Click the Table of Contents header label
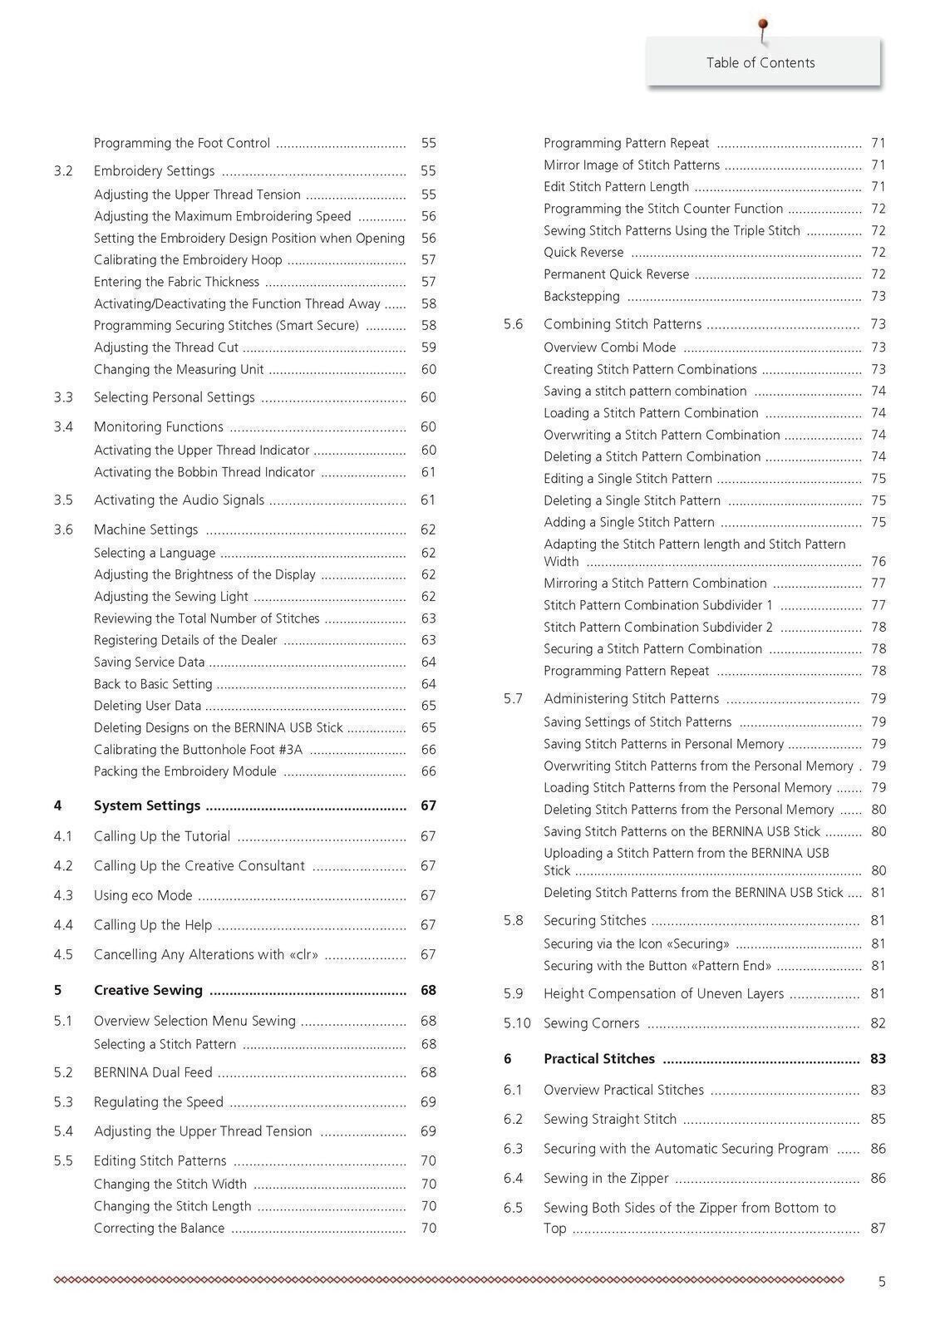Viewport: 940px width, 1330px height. pyautogui.click(x=760, y=63)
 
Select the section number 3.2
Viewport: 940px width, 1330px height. pyautogui.click(x=63, y=171)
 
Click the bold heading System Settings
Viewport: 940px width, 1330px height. pyautogui.click(x=147, y=805)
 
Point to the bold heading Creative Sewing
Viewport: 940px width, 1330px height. pyautogui.click(x=148, y=990)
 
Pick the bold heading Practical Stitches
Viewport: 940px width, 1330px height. pyautogui.click(x=599, y=1059)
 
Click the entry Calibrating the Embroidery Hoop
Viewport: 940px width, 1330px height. pyautogui.click(x=188, y=260)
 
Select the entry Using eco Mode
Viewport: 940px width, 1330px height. pyautogui.click(x=143, y=895)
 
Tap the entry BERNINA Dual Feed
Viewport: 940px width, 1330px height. pyautogui.click(x=153, y=1072)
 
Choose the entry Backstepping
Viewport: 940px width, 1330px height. pyautogui.click(x=582, y=296)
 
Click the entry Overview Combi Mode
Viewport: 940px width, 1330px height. pyautogui.click(x=610, y=347)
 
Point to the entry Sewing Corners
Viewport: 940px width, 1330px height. pyautogui.click(x=592, y=1023)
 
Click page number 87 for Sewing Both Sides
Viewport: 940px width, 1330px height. pyautogui.click(x=878, y=1229)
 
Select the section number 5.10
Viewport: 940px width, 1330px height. pyautogui.click(x=517, y=1023)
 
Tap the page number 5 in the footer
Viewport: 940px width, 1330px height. pyautogui.click(x=882, y=1282)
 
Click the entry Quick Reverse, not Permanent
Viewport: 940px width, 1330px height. pyautogui.click(x=583, y=253)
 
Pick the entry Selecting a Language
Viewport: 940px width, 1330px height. pyautogui.click(x=155, y=553)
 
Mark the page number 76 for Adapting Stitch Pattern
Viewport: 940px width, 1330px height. pyautogui.click(x=878, y=562)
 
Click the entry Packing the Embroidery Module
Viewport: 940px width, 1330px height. pyautogui.click(x=185, y=771)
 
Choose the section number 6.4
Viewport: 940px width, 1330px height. pyautogui.click(x=513, y=1178)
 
